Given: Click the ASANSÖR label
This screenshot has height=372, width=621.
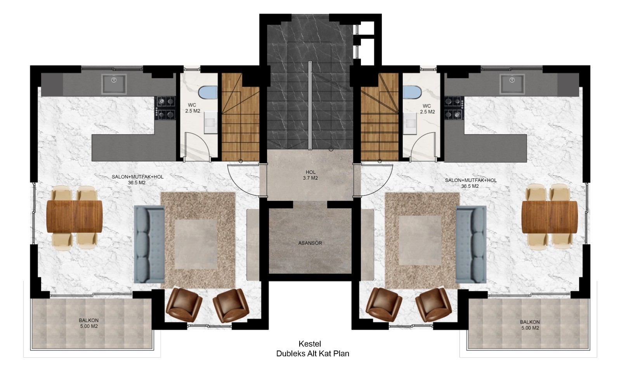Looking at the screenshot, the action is (310, 243).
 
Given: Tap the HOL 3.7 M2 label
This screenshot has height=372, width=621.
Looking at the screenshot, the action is (310, 175).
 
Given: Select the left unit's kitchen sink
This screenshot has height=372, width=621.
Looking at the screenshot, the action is (114, 84).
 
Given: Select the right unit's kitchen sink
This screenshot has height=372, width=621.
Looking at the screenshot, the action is (512, 84).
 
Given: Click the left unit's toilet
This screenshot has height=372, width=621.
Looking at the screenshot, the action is (208, 92).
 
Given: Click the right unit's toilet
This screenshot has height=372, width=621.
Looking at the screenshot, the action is (412, 92).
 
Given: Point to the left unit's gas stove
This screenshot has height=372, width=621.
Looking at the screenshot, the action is (165, 108).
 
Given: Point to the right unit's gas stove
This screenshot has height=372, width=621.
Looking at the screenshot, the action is (454, 108).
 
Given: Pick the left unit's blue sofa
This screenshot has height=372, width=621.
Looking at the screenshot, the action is (149, 244).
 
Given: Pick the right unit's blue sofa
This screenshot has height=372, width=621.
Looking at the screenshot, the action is (471, 244).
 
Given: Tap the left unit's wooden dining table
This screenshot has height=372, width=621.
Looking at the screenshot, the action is (75, 216).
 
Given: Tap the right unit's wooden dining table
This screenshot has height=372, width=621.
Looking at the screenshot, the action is (550, 217).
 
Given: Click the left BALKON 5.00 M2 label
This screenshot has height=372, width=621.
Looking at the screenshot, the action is (89, 323).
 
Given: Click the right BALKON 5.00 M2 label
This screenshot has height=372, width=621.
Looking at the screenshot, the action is (530, 325).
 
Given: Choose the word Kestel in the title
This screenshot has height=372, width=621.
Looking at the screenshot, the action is (310, 344).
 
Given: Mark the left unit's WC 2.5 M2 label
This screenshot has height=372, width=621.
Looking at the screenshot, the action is (193, 108).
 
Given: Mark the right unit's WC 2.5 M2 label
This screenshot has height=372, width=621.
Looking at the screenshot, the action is (427, 109).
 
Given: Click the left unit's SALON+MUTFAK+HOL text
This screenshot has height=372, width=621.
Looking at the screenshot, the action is (137, 177).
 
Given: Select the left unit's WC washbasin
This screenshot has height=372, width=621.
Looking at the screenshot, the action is (211, 123).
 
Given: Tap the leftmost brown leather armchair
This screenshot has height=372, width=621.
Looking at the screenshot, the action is (184, 305).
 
